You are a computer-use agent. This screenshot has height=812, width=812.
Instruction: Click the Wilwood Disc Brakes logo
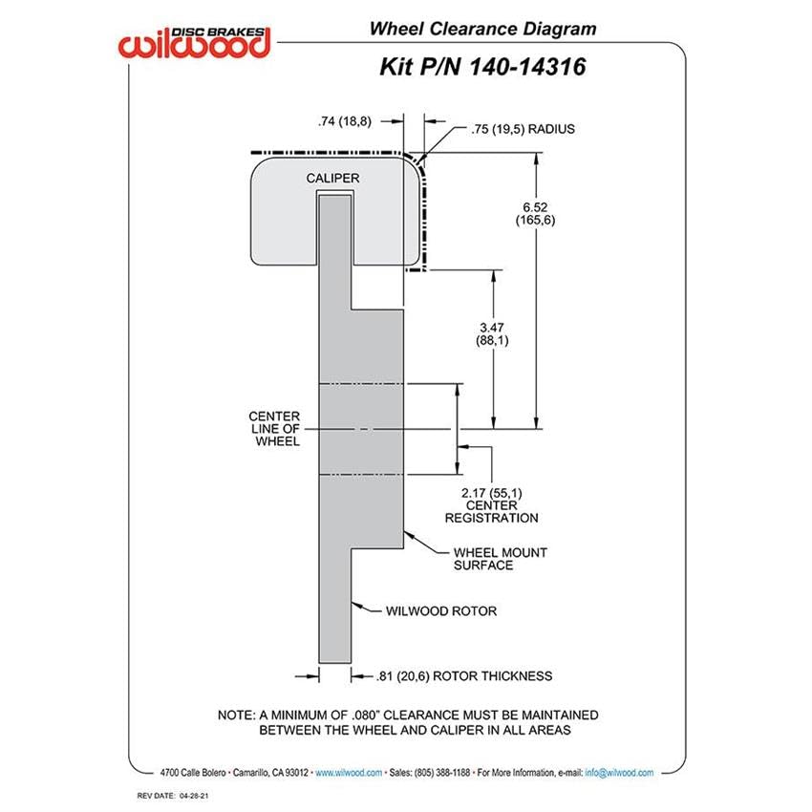click(x=195, y=42)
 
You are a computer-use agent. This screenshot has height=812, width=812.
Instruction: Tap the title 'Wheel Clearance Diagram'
click(x=482, y=29)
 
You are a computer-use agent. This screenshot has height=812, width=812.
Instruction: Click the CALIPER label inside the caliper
click(x=332, y=178)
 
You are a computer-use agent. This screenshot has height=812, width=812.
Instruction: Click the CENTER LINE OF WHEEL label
click(x=274, y=429)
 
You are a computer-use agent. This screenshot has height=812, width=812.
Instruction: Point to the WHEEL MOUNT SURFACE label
click(x=501, y=559)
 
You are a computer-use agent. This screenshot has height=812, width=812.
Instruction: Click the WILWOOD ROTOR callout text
click(x=441, y=611)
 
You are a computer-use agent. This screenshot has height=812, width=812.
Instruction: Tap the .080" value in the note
click(x=366, y=716)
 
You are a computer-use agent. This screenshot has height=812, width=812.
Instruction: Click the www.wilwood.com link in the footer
click(x=349, y=773)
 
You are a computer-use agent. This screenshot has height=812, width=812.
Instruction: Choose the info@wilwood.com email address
click(x=619, y=773)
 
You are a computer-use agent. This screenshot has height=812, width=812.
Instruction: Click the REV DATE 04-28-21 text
click(x=173, y=796)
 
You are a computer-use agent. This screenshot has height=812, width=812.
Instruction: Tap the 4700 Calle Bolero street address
click(x=193, y=773)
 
